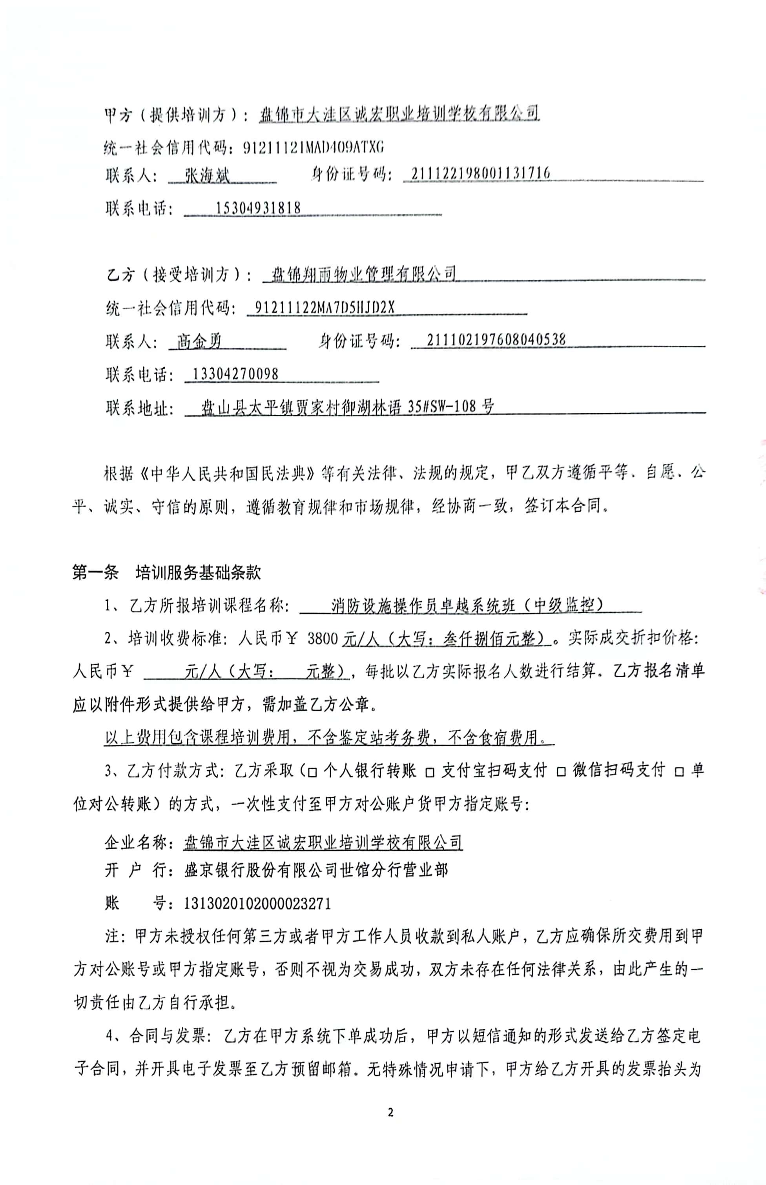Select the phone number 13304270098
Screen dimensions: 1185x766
235,374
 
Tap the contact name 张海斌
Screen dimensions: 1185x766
207,175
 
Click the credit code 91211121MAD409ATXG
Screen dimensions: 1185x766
314,147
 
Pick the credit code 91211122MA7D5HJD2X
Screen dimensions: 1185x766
324,308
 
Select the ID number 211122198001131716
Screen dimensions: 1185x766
480,173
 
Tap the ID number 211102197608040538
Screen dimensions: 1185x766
489,340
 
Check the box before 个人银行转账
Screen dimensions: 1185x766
312,772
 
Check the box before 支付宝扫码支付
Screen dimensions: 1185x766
430,772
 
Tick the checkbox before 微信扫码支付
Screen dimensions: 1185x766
561,772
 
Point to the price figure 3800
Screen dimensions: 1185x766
323,638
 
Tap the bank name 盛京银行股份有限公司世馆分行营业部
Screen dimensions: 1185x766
316,870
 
